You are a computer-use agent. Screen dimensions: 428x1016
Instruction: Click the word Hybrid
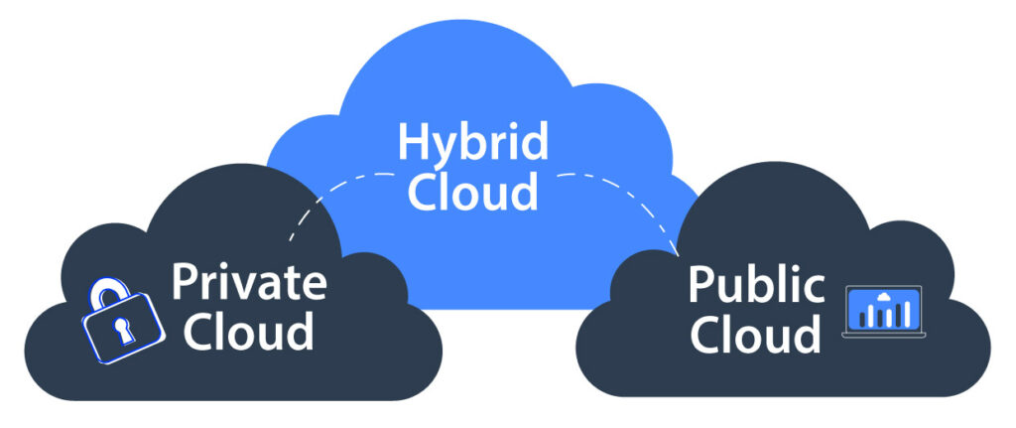(x=472, y=141)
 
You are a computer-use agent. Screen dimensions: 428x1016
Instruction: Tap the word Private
(x=248, y=282)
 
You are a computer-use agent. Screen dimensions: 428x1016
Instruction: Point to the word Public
(x=756, y=284)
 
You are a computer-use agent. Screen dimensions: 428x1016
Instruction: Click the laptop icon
(x=882, y=311)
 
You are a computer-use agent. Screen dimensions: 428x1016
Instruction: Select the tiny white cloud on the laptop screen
(x=882, y=297)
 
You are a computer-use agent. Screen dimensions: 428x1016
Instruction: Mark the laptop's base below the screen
(x=882, y=335)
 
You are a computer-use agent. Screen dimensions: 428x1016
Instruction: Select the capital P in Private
(x=185, y=282)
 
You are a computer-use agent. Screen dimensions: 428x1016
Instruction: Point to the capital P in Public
(x=700, y=284)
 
